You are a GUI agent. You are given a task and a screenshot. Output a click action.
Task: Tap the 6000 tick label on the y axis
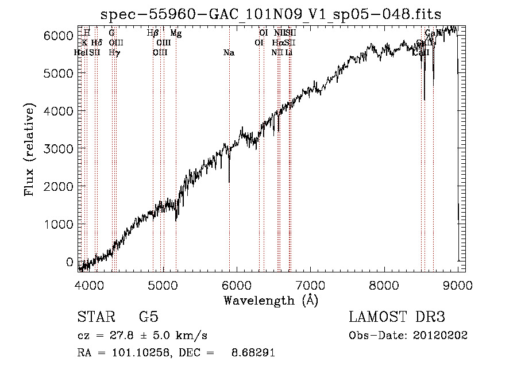click(58, 36)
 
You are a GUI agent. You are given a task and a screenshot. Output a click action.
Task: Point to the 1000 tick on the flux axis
click(58, 224)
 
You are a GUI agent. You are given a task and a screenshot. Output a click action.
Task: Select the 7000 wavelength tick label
click(310, 285)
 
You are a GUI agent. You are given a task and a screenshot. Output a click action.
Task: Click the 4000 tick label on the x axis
click(89, 285)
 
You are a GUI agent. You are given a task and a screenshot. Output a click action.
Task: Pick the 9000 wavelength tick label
click(458, 285)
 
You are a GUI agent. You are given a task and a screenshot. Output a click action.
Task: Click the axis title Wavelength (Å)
click(271, 300)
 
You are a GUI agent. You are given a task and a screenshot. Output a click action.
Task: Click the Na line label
click(229, 53)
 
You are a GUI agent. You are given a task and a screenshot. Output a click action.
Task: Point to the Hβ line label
click(153, 33)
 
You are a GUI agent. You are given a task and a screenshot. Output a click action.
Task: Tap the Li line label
click(290, 53)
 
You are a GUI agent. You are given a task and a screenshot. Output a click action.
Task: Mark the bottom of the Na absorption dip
click(229, 182)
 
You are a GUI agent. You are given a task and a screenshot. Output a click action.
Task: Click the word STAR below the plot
click(95, 317)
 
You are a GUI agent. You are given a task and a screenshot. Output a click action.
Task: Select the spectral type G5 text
click(149, 317)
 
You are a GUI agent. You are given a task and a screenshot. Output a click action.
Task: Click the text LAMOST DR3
click(397, 317)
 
